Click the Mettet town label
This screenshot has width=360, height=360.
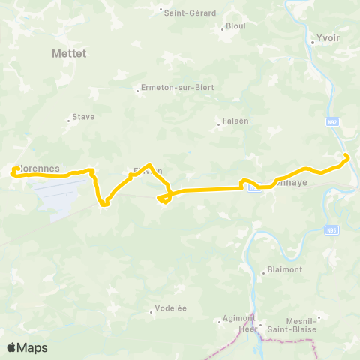point(70,54)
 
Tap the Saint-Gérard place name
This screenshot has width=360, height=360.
point(190,13)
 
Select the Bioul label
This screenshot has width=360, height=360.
point(235,26)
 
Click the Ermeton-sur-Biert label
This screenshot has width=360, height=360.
point(178,88)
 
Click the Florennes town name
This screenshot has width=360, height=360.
point(37,169)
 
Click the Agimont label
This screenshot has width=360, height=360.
point(239,318)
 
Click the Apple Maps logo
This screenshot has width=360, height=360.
point(27,348)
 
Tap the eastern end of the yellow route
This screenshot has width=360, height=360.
point(346,156)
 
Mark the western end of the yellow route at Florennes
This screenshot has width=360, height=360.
point(13,173)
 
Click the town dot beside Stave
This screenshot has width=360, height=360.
point(69,118)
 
